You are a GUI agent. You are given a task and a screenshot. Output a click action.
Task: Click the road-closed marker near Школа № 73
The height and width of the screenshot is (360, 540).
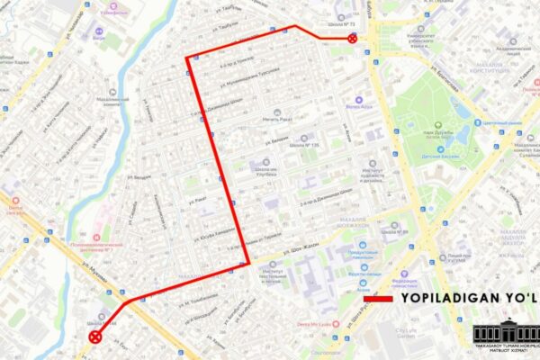[x=353, y=39]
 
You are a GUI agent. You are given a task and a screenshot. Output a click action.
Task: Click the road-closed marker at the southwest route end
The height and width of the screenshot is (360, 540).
[x=95, y=337]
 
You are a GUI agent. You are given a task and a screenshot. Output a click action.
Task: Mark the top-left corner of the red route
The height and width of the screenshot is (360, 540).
[x=187, y=58]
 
